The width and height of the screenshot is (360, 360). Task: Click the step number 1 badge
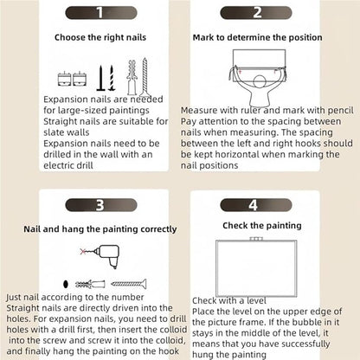(x=101, y=13)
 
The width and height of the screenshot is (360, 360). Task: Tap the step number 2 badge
(x=256, y=13)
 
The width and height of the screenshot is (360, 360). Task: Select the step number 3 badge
(x=101, y=205)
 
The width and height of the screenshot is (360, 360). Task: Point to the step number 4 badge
(x=256, y=205)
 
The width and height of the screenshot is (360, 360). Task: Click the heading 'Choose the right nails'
(x=100, y=37)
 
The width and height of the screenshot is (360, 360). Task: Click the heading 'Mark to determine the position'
(x=257, y=37)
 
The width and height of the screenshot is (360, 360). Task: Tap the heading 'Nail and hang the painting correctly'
(x=100, y=229)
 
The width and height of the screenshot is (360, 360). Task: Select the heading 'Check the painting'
(x=262, y=226)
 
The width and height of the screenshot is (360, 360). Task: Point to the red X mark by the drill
(x=83, y=252)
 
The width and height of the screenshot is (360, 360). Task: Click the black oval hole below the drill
(x=66, y=284)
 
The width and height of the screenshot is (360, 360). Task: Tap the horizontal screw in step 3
(x=129, y=284)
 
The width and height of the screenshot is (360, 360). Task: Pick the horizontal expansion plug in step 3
(x=90, y=284)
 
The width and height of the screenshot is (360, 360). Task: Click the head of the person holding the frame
(x=260, y=82)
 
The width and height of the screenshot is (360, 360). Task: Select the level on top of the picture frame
(x=256, y=239)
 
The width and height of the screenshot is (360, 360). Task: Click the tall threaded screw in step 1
(x=145, y=77)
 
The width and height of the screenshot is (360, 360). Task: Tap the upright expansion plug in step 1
(x=132, y=78)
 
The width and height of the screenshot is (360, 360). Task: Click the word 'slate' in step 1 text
(x=55, y=132)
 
